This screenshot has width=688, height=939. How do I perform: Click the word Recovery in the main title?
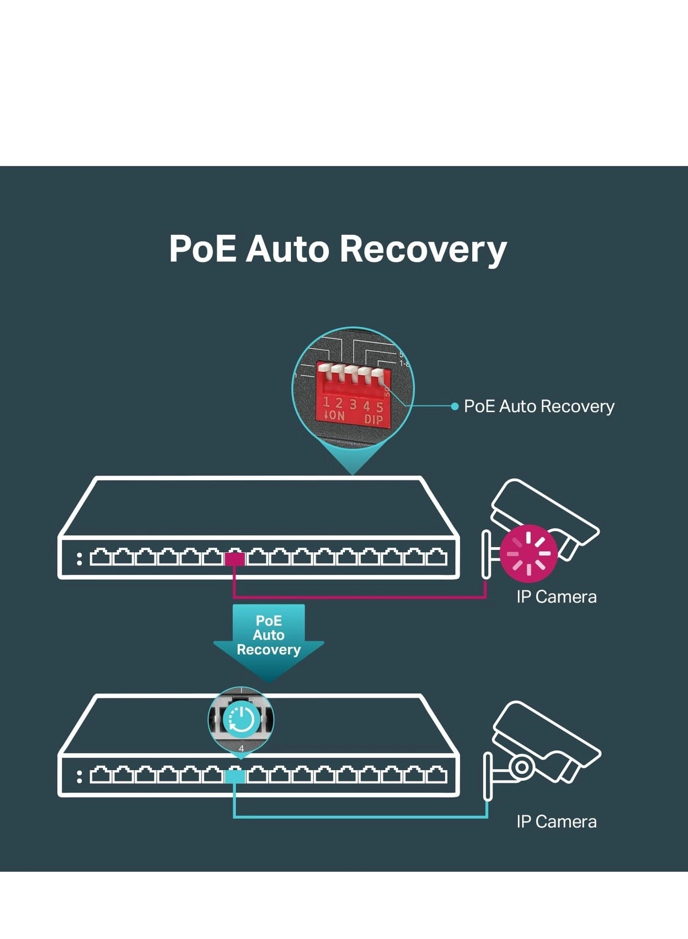pos(423,249)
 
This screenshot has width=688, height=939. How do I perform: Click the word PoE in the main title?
pos(202,249)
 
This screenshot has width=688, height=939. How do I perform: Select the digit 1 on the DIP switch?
pos(326,402)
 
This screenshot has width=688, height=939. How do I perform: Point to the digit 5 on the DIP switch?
pos(380,407)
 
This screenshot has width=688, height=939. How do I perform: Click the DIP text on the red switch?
pos(373,420)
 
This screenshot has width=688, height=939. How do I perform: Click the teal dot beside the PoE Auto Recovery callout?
pos(455,406)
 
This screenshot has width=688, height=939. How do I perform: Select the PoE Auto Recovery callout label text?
pos(539,406)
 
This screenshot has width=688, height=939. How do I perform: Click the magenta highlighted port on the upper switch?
pos(234,559)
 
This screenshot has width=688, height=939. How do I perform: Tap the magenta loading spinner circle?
pos(529,553)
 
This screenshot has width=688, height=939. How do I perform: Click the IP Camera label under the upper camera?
pos(556,597)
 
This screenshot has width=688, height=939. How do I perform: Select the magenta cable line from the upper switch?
pos(359,598)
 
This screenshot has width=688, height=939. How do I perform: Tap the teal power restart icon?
pos(241,720)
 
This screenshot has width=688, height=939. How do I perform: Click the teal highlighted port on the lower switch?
pos(234,777)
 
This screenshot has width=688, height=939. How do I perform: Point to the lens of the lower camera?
pos(522,766)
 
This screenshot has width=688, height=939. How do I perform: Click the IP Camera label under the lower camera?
pos(556,821)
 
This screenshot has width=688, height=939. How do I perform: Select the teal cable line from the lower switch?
pos(359,817)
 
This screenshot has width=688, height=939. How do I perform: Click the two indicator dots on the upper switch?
pos(80,559)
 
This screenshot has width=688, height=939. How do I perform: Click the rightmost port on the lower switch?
pos(436,776)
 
